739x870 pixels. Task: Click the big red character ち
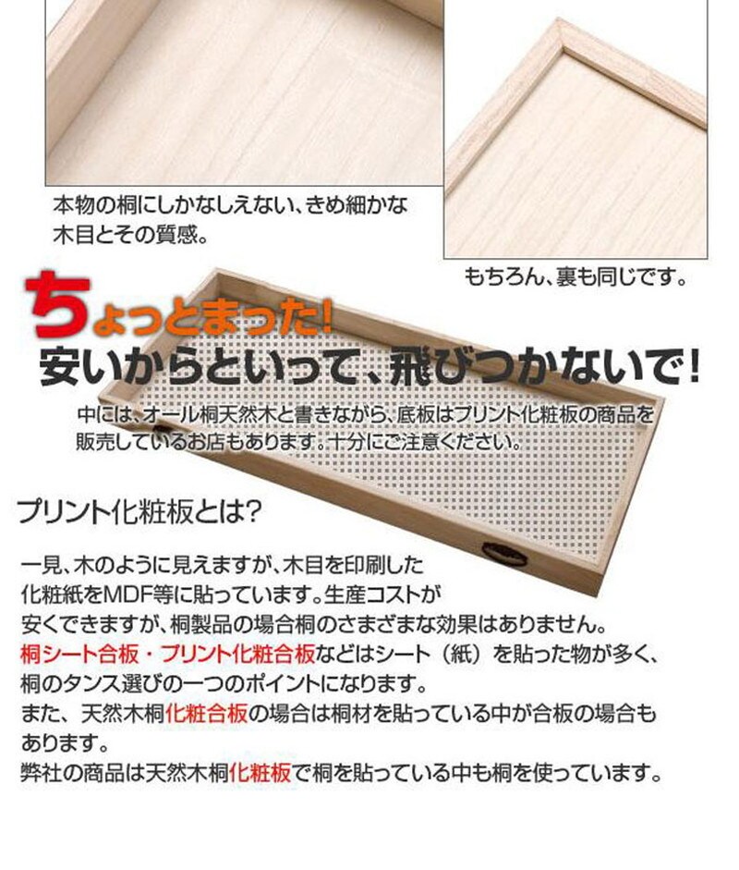(58, 303)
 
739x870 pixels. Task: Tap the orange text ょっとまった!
(212, 318)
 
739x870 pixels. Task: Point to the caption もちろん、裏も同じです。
(575, 276)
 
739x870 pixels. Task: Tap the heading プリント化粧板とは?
(139, 511)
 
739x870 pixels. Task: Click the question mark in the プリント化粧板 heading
(251, 511)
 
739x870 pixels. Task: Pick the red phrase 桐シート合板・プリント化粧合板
(167, 655)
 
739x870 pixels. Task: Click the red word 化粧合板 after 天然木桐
(206, 713)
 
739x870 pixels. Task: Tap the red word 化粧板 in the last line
(260, 772)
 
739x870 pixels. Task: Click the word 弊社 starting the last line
(41, 772)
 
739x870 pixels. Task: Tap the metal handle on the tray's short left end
(161, 431)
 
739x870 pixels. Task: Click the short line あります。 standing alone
(64, 742)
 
